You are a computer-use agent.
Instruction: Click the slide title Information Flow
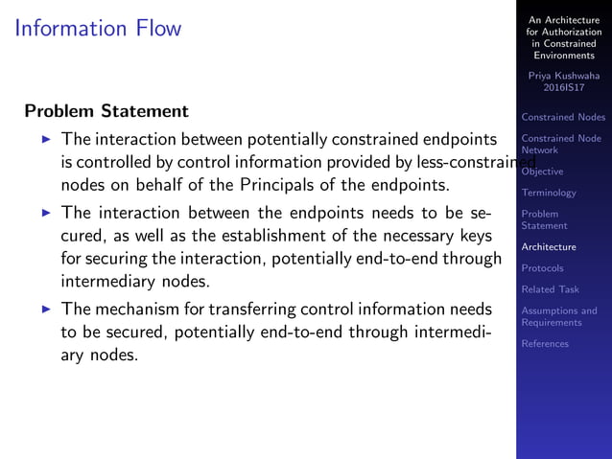click(x=98, y=28)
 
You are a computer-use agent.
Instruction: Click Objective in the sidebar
click(x=542, y=172)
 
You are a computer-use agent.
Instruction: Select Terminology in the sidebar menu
click(x=549, y=193)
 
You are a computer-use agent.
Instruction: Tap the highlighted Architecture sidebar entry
click(x=549, y=247)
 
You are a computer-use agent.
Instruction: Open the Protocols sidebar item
click(x=542, y=268)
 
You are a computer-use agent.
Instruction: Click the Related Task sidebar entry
click(x=550, y=289)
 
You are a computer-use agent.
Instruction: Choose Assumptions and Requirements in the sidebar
click(x=558, y=316)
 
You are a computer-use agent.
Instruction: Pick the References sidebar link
click(x=545, y=344)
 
